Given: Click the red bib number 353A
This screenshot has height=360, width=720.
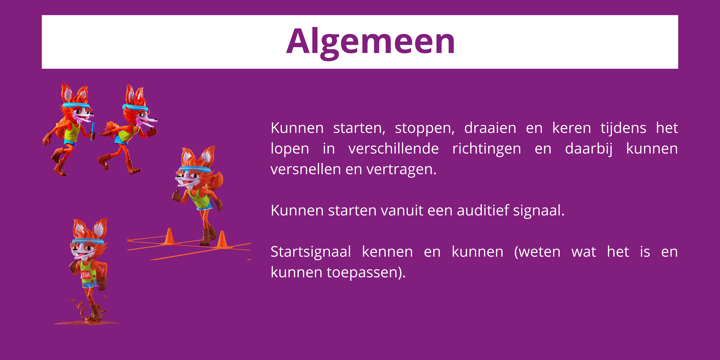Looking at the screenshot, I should point(85,275).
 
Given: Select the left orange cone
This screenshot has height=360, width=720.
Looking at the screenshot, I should point(169,236).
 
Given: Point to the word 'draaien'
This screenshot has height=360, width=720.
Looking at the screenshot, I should point(490,128).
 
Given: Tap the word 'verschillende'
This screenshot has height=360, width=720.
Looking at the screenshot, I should point(394,149).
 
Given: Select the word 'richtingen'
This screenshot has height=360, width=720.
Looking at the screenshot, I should point(487,149).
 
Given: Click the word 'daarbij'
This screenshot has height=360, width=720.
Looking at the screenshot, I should point(589,149).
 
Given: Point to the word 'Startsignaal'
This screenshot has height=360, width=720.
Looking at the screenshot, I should point(310,252).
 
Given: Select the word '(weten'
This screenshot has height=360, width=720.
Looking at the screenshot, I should point(537,252).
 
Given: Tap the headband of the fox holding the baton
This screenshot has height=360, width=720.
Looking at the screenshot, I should point(76,105).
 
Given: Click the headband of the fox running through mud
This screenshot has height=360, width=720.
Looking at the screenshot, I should point(88,241).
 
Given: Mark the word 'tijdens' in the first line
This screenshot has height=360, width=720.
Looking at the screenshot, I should point(623,128).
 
